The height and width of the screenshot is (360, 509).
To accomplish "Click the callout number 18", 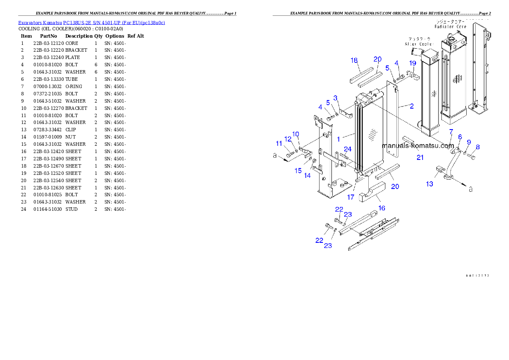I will click(x=354, y=60).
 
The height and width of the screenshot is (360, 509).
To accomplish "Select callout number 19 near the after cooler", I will click(x=413, y=63).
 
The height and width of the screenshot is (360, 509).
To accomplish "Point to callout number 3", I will click(x=335, y=98).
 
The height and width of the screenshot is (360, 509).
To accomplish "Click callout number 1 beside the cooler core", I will click(x=338, y=139).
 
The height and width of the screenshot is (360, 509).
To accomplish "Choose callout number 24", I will click(x=348, y=149).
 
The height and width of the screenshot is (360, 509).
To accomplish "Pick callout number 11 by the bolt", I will click(x=279, y=143).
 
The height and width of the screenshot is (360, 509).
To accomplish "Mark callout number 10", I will click(x=296, y=134).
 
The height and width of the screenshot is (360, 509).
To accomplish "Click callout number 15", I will click(x=298, y=171).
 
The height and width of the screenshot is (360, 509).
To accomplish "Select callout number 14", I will click(x=308, y=175).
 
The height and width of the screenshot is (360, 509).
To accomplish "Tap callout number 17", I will click(x=351, y=197).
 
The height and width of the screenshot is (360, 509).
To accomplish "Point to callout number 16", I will click(x=382, y=208).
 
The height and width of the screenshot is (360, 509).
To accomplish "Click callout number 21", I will click(x=420, y=157).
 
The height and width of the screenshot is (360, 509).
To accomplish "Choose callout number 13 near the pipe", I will click(x=429, y=184).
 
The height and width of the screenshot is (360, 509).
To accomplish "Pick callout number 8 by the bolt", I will click(x=477, y=147).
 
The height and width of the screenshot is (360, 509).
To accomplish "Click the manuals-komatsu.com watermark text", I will click(x=418, y=146).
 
